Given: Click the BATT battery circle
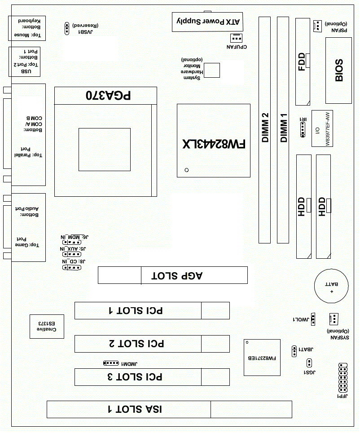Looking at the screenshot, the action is tap(331, 286).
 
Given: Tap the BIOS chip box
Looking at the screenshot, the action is tap(338, 71).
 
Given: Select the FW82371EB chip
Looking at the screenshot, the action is tap(262, 358).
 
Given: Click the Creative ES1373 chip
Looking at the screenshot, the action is tap(47, 327).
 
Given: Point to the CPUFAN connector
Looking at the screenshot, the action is tap(236, 38).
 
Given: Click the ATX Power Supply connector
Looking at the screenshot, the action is tap(207, 22).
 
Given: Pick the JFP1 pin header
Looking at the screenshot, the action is tap(343, 378).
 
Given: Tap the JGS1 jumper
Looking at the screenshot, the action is tap(309, 363).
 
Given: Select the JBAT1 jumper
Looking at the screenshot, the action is tap(294, 351).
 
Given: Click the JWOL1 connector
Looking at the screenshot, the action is tap(313, 319).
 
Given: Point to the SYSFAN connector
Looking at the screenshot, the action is tap(334, 319).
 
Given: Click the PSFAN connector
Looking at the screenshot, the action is tap(318, 26).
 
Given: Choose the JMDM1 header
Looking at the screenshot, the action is tap(111, 363).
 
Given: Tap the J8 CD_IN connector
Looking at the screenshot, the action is tap(72, 267).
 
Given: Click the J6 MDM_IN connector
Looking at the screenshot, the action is tap(72, 242).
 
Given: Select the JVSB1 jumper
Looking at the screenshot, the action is tap(67, 28).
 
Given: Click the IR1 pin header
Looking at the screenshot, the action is tap(303, 129).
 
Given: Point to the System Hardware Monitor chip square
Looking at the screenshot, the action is tap(212, 70).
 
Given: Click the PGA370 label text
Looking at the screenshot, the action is tap(108, 96).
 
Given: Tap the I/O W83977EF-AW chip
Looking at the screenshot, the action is tap(322, 128).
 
